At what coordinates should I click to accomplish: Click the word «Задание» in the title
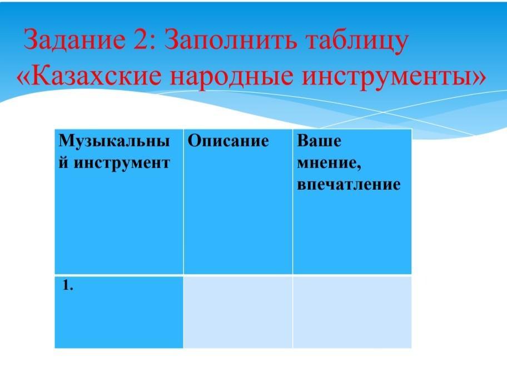click(74, 39)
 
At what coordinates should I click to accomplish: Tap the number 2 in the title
click(141, 39)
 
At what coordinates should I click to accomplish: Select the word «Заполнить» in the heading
click(230, 39)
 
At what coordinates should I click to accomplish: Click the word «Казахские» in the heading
click(96, 76)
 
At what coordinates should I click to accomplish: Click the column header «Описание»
click(228, 141)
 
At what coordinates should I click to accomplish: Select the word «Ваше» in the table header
click(319, 141)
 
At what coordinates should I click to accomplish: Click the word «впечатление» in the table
click(349, 184)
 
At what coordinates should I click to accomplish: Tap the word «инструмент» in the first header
click(122, 163)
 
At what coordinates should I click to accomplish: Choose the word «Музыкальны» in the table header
click(114, 141)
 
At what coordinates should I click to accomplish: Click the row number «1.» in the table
click(68, 285)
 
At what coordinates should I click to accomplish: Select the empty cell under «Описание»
click(238, 312)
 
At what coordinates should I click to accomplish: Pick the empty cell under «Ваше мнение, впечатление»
click(352, 312)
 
